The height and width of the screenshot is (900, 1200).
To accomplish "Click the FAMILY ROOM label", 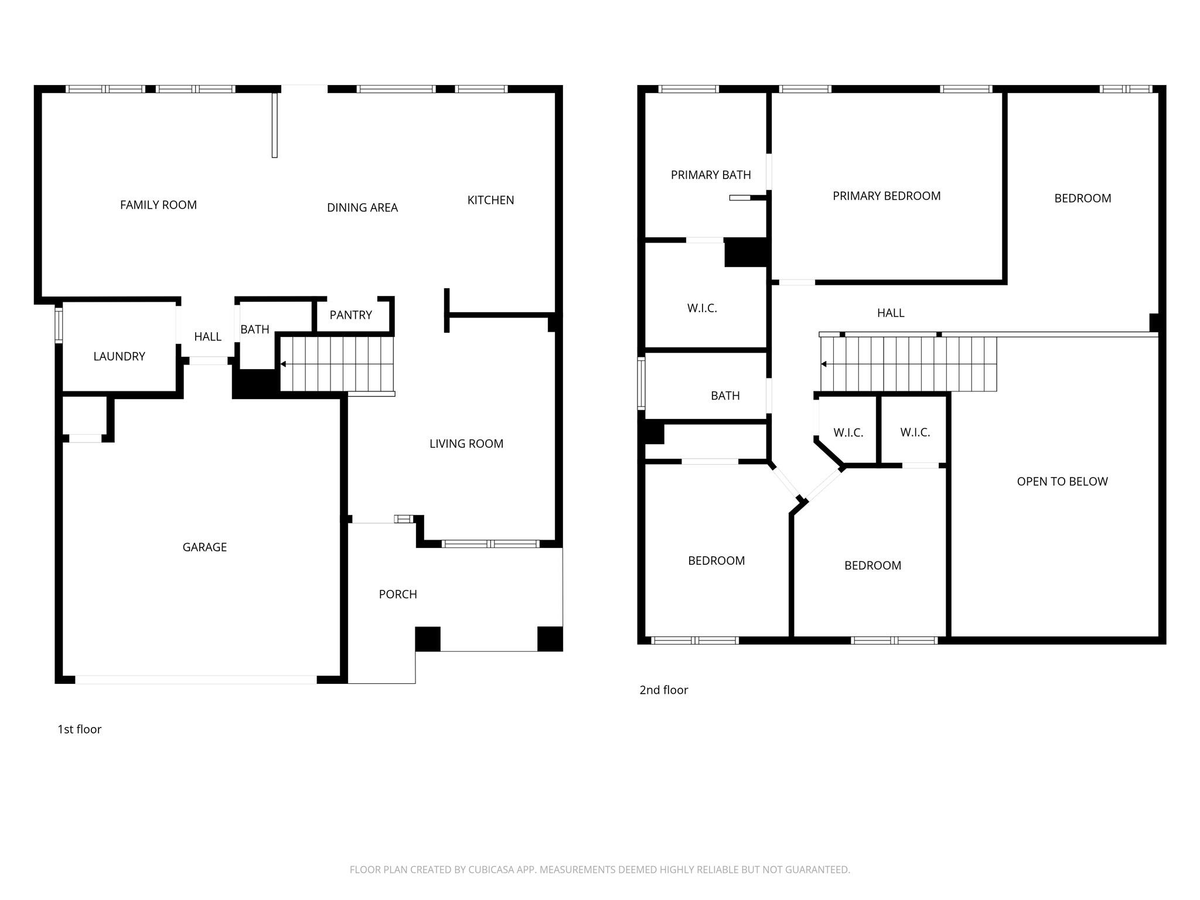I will pos(158,205).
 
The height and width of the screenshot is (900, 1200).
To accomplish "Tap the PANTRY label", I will pos(350,315).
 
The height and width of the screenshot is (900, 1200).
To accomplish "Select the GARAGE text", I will pos(204,547).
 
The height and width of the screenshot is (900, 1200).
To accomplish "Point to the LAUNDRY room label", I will pos(119,356).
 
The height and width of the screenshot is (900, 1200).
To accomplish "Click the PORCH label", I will pos(398,594).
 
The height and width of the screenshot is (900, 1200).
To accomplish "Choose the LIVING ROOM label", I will pos(466,444).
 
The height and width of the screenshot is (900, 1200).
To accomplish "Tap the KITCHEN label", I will pos(490,200).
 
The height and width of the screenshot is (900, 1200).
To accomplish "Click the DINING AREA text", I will pos(362,207).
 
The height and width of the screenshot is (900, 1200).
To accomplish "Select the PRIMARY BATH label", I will pos(710,175).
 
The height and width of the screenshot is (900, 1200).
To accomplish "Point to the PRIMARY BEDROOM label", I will pos(886,196).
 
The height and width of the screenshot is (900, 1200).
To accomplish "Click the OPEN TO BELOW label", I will pos(1062,482).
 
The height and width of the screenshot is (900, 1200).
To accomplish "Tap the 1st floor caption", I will pos(79,729).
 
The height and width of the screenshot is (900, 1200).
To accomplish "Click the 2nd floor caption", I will pos(663,690).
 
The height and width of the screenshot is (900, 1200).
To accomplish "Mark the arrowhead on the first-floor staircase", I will pos(284,364).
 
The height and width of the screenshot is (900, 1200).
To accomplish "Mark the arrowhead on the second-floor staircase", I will pos(824,364).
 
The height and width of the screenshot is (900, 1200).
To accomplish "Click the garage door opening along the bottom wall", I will pos(196,680).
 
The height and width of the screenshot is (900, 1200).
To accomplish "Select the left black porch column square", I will pos(428,639).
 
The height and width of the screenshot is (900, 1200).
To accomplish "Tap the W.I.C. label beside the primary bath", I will pos(702,308).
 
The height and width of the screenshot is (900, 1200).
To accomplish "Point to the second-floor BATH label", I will pos(725,396).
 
